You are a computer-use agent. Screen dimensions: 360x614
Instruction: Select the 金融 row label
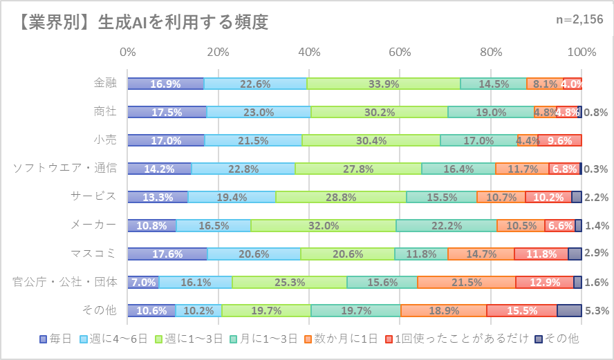coord(105,84)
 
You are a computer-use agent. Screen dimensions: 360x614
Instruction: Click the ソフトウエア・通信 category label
coord(65,168)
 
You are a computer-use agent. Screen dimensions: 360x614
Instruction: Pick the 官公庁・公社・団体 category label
coord(65,282)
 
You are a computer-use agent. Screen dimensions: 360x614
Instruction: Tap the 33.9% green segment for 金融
coord(383,84)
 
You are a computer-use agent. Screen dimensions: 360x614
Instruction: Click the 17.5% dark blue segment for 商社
coord(167,112)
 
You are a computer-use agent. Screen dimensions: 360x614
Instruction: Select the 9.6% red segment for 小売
coord(559,140)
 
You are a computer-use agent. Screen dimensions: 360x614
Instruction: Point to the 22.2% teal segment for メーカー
coord(446,225)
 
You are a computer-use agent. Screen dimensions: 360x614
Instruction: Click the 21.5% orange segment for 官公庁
coord(466,282)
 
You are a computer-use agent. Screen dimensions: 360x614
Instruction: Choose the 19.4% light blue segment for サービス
coord(232,197)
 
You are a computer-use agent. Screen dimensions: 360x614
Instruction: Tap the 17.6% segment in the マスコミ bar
coord(167,254)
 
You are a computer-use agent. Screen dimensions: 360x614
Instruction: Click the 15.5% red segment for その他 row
coord(521,310)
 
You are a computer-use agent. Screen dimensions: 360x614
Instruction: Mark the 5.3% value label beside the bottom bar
coord(595,310)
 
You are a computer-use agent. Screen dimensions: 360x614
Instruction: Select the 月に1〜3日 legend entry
coord(270,339)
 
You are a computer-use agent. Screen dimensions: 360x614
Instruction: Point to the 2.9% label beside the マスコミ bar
coord(595,254)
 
